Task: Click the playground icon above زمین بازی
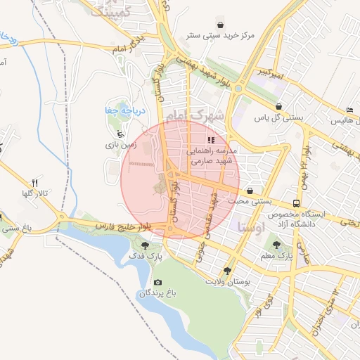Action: (x=120, y=133)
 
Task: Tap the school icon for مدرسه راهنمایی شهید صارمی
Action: (x=211, y=140)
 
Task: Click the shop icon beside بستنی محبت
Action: (x=251, y=191)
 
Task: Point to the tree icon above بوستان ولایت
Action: (x=226, y=270)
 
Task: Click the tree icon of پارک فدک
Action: (x=145, y=245)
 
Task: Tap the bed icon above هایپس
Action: (x=350, y=110)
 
